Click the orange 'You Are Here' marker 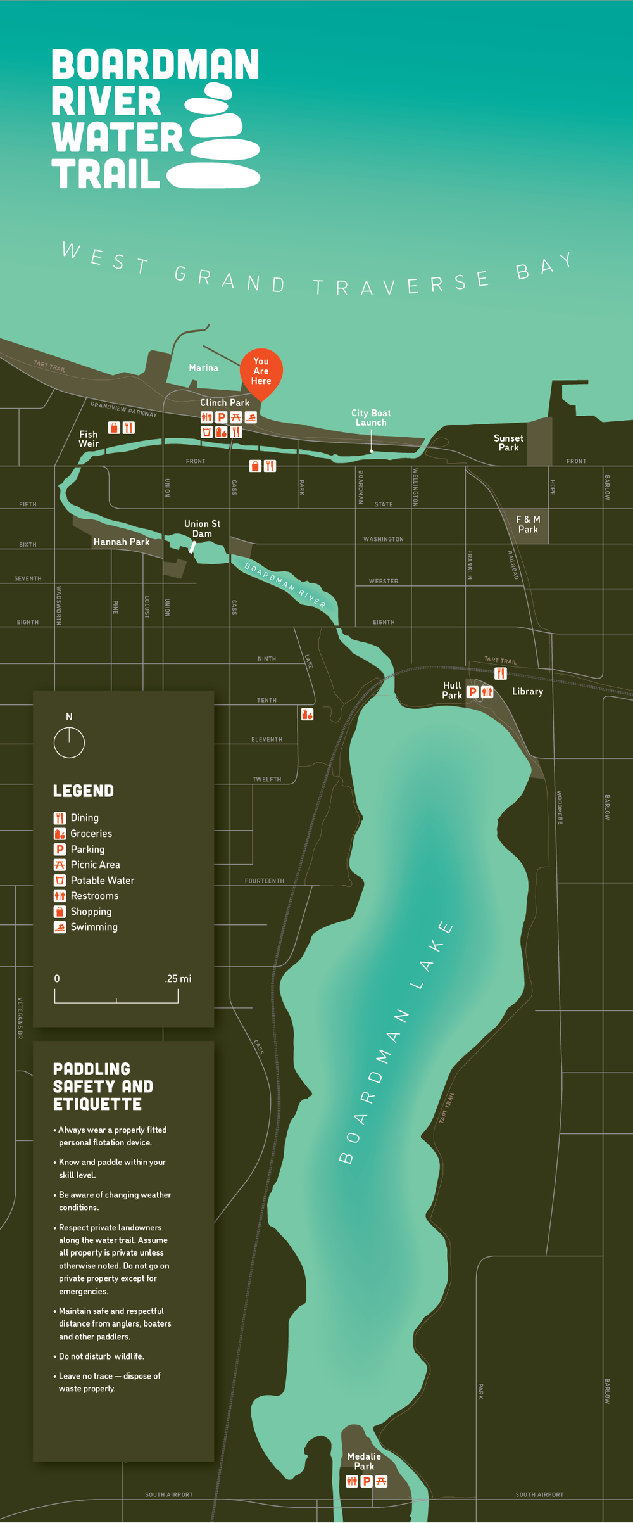tap(261, 372)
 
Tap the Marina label tap(203, 368)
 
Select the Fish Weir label tap(89, 439)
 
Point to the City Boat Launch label tap(371, 418)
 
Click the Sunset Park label tap(508, 443)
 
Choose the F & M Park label tap(528, 525)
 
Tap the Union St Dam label tap(202, 529)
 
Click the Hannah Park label tap(122, 542)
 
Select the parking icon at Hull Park tap(472, 692)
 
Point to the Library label tap(527, 692)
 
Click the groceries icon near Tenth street tap(307, 715)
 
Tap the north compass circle tap(69, 742)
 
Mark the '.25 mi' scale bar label tap(178, 979)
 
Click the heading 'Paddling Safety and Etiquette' tap(103, 1086)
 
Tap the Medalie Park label tap(364, 1461)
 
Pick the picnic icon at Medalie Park tap(381, 1481)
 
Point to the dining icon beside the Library tap(501, 673)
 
